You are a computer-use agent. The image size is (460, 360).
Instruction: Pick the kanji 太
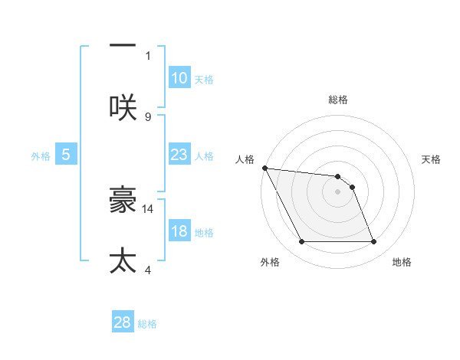123,260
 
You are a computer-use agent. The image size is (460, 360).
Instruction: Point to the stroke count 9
148,116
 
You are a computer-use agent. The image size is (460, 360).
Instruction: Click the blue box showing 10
179,78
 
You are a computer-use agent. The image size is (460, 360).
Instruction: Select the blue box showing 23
179,155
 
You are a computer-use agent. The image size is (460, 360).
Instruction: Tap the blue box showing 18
179,231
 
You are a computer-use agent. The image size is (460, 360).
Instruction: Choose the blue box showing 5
66,155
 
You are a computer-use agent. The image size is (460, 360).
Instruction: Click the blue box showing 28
123,322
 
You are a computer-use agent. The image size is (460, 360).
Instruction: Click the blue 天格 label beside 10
204,80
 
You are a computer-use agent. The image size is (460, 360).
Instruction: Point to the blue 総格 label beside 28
147,324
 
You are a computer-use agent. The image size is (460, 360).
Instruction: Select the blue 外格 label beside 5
41,156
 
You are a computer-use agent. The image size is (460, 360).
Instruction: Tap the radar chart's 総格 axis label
338,100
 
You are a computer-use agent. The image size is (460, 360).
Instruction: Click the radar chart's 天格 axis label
432,159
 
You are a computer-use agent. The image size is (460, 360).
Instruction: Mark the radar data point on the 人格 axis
264,168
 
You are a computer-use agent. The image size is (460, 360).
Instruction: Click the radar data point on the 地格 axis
373,242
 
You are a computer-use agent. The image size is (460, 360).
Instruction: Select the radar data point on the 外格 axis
301,242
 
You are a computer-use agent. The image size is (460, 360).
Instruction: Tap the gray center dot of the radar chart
337,191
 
